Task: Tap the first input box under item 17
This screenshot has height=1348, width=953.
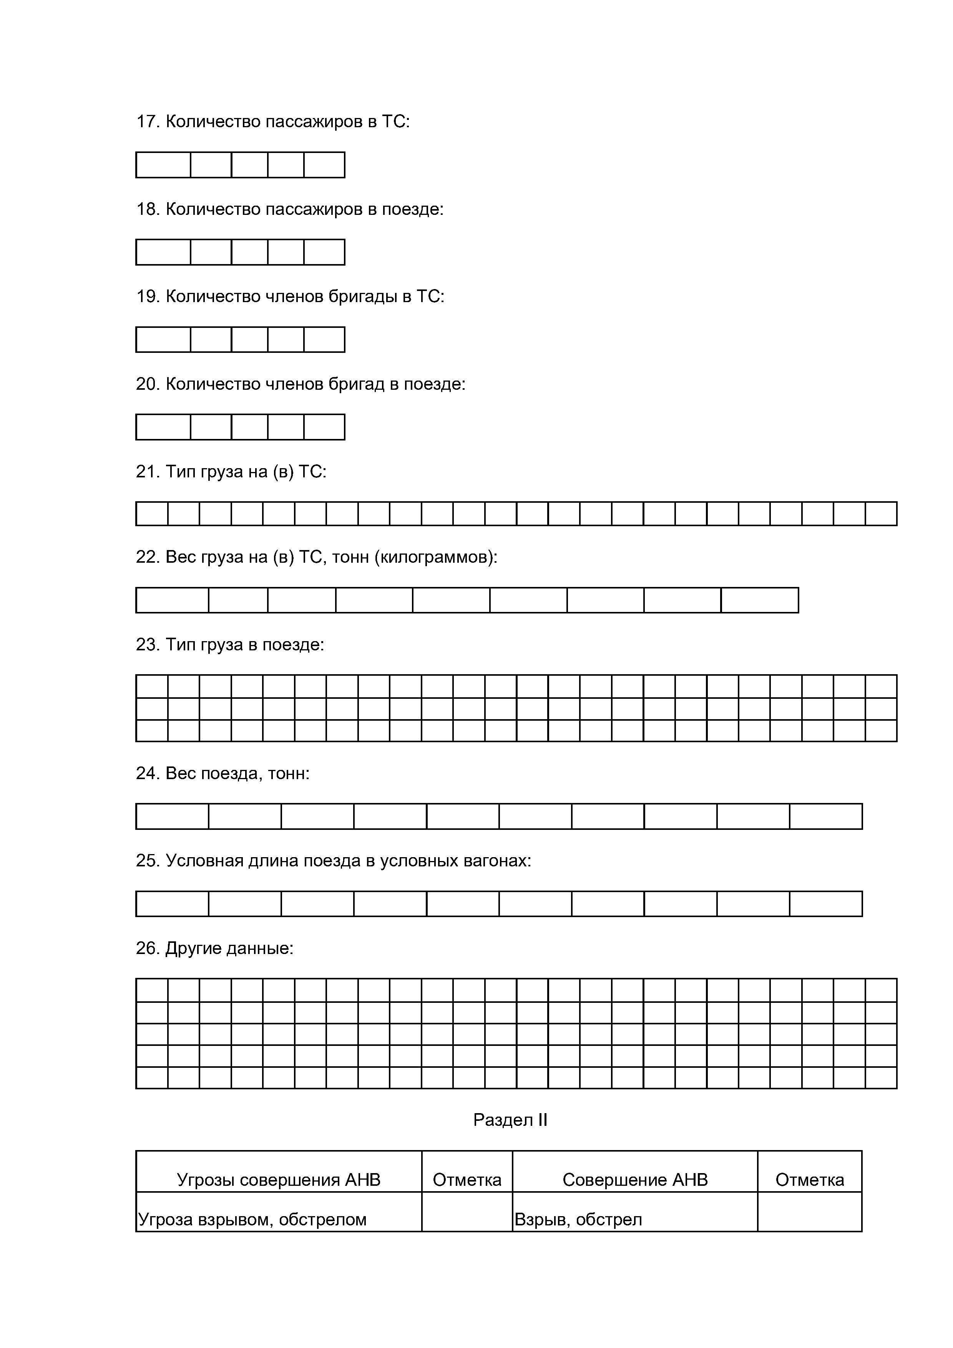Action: pos(163,165)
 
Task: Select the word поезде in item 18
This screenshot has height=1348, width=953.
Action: pos(411,209)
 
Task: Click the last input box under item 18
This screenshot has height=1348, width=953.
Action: pos(324,253)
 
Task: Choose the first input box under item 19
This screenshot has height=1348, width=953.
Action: pos(163,340)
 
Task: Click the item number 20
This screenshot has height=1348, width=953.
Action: pos(146,384)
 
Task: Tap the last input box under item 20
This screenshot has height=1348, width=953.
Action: pos(324,427)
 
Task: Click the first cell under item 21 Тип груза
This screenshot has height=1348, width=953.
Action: pos(152,514)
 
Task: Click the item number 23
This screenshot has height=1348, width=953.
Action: pos(146,645)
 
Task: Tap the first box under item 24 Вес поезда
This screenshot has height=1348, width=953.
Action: pos(173,817)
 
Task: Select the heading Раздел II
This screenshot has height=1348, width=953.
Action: pos(510,1120)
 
